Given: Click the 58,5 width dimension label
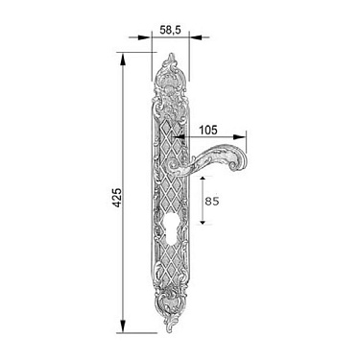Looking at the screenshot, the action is [170, 30].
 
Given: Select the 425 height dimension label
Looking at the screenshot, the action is [118, 198].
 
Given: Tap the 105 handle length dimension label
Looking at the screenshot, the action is [208, 130].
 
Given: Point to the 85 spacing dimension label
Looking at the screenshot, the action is [212, 202].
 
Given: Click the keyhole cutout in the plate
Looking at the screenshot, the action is [170, 230].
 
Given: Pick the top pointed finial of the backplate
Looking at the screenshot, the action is [172, 59].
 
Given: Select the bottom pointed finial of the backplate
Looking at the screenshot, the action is [170, 325].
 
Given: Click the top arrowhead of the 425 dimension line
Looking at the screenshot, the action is [123, 60].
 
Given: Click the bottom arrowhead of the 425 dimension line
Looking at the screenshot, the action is [123, 326].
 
